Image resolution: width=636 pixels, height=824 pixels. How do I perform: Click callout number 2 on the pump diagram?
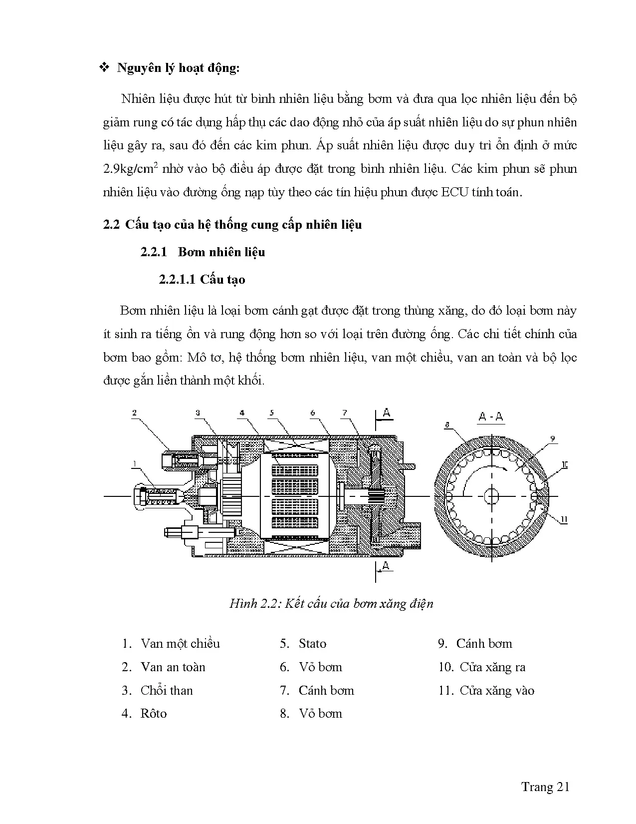click(134, 413)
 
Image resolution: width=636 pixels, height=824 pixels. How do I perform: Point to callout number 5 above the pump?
click(271, 413)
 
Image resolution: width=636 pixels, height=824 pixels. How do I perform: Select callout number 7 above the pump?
click(344, 413)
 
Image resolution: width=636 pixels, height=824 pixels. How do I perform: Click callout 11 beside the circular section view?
click(564, 520)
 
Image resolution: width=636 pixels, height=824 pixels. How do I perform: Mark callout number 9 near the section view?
click(552, 439)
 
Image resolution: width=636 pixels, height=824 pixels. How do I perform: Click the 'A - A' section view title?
click(491, 416)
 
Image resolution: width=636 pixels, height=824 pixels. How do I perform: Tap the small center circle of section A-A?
click(491, 496)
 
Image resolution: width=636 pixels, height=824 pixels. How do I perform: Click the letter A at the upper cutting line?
click(387, 412)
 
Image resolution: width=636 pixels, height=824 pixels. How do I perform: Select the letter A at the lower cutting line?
click(385, 566)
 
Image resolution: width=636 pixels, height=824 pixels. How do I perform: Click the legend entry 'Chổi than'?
click(167, 691)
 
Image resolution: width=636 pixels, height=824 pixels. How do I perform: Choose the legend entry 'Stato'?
click(312, 644)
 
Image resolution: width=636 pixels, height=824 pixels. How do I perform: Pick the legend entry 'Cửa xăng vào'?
click(496, 691)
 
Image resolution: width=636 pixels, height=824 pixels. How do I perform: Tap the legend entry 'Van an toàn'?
click(173, 667)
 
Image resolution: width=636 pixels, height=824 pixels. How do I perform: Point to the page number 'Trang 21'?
click(545, 787)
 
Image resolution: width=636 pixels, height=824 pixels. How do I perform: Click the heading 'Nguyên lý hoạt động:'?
click(178, 68)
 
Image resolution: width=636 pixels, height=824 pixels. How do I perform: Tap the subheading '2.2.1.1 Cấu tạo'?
click(202, 279)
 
